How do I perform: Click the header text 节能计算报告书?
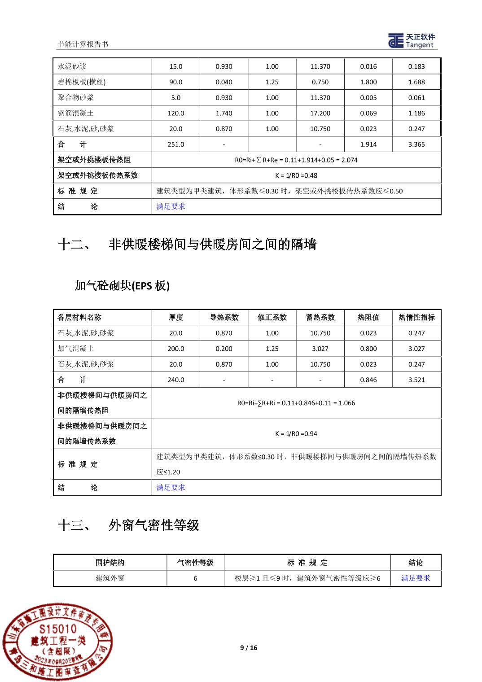[x=83, y=44]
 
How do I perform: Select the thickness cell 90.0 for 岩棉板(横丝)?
[x=175, y=82]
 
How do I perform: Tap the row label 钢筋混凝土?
[x=76, y=113]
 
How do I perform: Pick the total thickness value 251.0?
[x=175, y=144]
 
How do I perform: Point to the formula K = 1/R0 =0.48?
[x=296, y=175]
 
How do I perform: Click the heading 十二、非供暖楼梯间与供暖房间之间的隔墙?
[x=187, y=245]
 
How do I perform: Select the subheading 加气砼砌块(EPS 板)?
[x=122, y=285]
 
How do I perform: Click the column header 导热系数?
[x=223, y=317]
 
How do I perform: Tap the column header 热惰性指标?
[x=416, y=317]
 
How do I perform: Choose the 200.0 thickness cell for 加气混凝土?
[x=175, y=349]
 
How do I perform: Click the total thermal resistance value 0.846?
[x=368, y=380]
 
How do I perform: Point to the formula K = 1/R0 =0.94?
[x=296, y=434]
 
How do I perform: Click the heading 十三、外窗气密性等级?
[x=129, y=525]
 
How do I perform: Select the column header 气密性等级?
[x=195, y=563]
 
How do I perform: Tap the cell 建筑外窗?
[x=110, y=578]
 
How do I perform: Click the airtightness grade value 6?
[x=195, y=578]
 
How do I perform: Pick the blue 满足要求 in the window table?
[x=415, y=578]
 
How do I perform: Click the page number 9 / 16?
[x=249, y=647]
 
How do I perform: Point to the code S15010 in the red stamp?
[x=58, y=628]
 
